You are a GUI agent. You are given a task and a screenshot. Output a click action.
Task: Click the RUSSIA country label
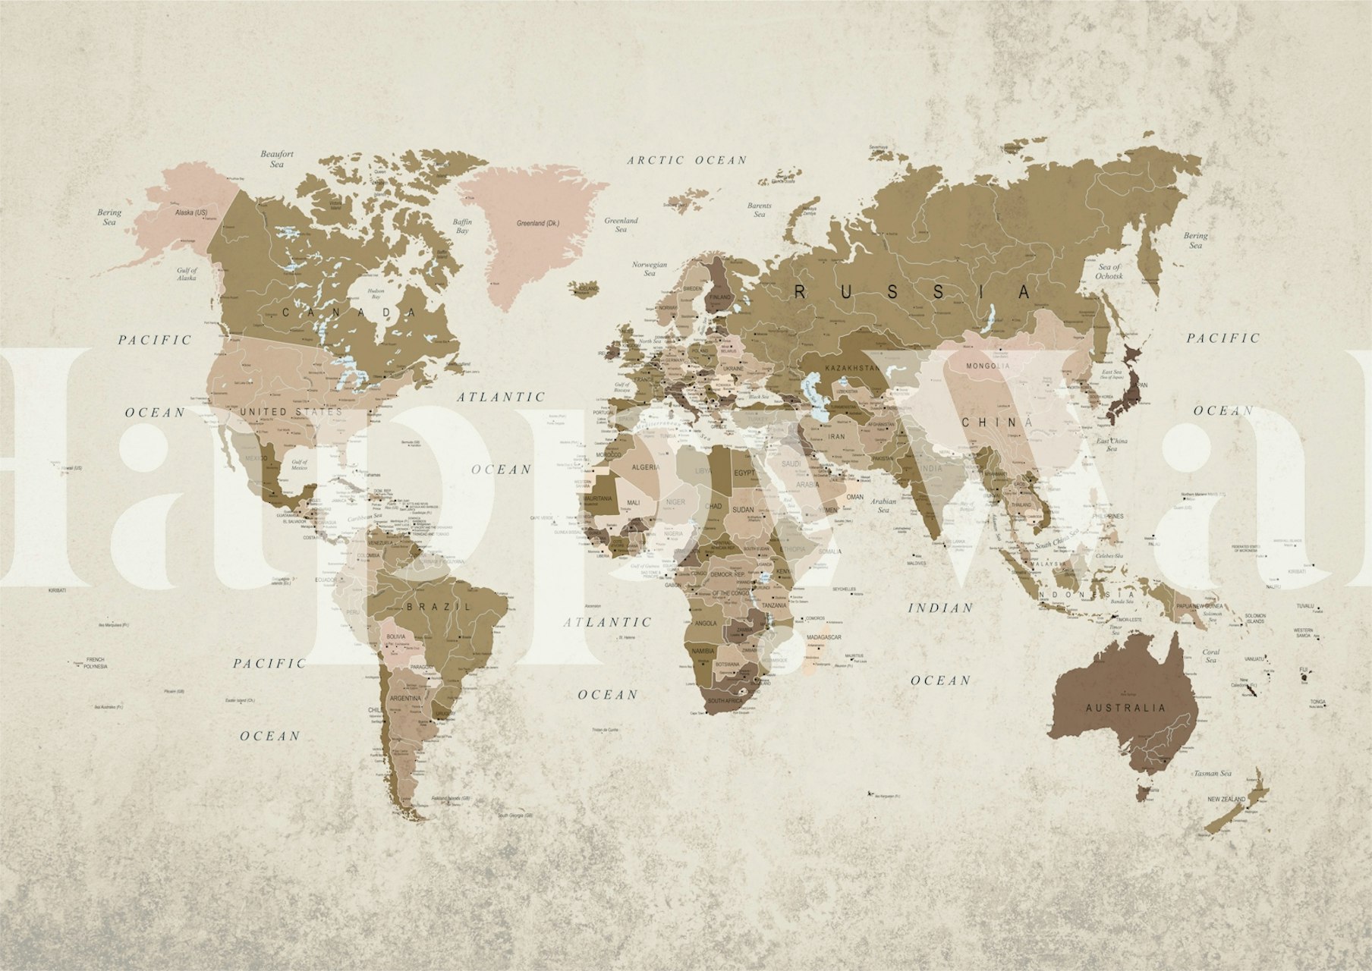click(913, 292)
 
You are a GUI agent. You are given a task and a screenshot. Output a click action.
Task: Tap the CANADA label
click(350, 312)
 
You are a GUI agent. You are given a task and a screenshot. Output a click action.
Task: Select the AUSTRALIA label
click(1125, 708)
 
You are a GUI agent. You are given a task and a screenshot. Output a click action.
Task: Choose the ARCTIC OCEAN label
click(687, 160)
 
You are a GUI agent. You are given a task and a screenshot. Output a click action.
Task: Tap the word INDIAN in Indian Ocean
click(940, 608)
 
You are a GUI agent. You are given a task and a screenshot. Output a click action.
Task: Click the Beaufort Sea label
click(277, 159)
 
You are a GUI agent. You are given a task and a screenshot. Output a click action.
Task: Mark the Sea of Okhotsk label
click(1109, 272)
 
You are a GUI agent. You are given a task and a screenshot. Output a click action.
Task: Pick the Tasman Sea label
click(1212, 774)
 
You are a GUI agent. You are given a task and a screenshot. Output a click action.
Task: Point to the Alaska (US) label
click(190, 212)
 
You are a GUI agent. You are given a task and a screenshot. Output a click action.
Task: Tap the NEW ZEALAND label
click(1226, 800)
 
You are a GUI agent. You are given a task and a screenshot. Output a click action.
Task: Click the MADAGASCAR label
click(825, 637)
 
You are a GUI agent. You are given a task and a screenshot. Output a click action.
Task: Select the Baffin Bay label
click(462, 226)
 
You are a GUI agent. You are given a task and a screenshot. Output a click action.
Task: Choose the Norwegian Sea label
click(650, 269)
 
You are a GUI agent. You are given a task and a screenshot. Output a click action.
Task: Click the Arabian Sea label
click(883, 505)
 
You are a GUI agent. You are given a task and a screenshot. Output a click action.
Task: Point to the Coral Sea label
click(1210, 655)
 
